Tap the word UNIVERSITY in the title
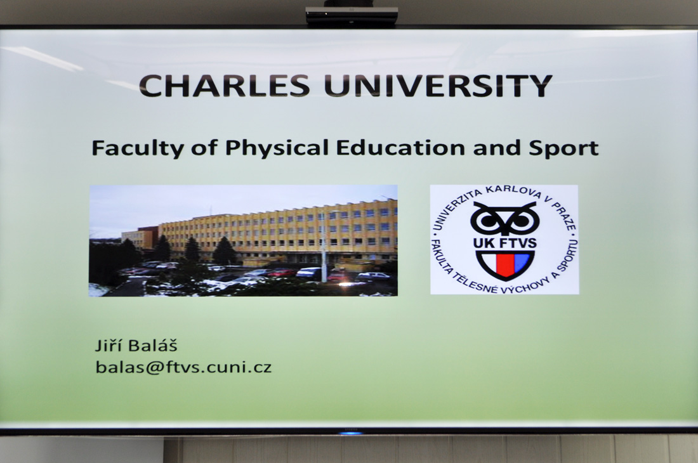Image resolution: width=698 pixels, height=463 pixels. pyautogui.click(x=438, y=86)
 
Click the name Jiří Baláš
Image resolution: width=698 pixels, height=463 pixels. pyautogui.click(x=136, y=345)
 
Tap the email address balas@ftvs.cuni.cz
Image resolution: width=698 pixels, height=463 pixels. pyautogui.click(x=183, y=367)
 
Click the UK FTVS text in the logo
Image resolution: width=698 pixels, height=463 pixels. pyautogui.click(x=505, y=244)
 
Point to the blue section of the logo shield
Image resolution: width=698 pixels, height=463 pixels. pyautogui.click(x=521, y=261)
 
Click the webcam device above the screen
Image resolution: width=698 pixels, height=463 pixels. pyautogui.click(x=352, y=15)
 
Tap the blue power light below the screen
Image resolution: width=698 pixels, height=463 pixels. pyautogui.click(x=352, y=432)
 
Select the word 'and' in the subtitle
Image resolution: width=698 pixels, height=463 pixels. pyautogui.click(x=497, y=147)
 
